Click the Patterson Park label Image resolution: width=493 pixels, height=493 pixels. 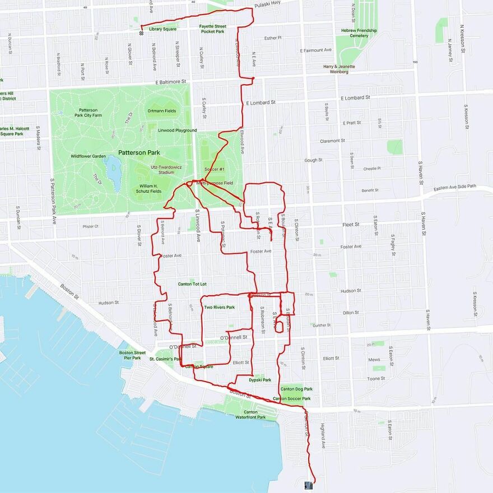coord(139,152)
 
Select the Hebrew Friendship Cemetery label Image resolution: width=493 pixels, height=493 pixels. coord(359,32)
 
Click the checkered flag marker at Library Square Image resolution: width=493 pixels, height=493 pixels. coord(141,32)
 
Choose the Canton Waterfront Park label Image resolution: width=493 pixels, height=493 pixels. coord(250,415)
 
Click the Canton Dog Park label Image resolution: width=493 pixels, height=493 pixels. coord(296,389)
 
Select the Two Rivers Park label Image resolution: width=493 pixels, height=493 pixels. coord(219,308)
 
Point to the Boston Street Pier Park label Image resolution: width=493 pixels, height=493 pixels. coord(132,355)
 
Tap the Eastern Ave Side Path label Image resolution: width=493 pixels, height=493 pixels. coord(454,188)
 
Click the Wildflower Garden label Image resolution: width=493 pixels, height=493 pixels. coord(89,156)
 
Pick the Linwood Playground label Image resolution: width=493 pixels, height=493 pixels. coord(178,131)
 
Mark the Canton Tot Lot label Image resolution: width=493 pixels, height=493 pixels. coord(192,284)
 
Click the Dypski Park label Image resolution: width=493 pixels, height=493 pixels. coord(260,380)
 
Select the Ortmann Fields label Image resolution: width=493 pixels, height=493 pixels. coord(162,111)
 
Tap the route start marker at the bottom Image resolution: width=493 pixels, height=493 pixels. coord(309,485)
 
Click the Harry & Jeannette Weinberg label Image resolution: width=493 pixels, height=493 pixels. coord(339,69)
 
